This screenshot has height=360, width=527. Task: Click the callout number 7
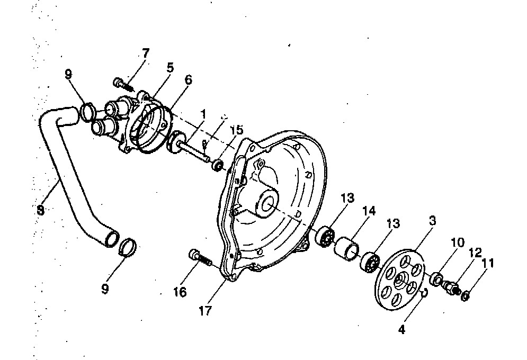[145, 53]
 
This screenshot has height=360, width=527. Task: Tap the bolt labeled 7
[121, 83]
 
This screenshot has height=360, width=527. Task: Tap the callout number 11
[487, 263]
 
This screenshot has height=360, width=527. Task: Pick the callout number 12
[475, 253]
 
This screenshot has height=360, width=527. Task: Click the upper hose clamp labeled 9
[87, 113]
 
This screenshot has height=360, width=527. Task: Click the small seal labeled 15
[217, 167]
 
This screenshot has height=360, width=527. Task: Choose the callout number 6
[188, 80]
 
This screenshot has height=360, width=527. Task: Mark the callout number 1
[202, 114]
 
